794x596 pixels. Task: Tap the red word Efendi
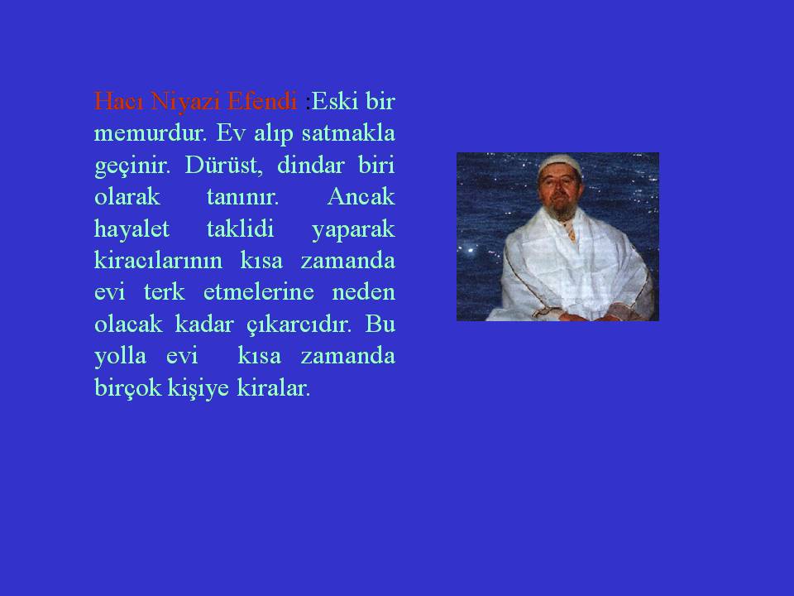click(262, 101)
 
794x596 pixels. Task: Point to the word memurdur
click(151, 132)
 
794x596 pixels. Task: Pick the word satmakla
click(348, 132)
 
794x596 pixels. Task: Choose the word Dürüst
click(224, 165)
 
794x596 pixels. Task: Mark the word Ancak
click(361, 197)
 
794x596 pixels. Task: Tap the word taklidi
click(240, 228)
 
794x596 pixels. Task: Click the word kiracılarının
click(158, 261)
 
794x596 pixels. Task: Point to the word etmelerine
click(258, 292)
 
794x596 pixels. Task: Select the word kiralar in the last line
click(273, 388)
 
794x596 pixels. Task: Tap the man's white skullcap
click(558, 163)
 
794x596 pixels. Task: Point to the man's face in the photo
click(559, 188)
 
